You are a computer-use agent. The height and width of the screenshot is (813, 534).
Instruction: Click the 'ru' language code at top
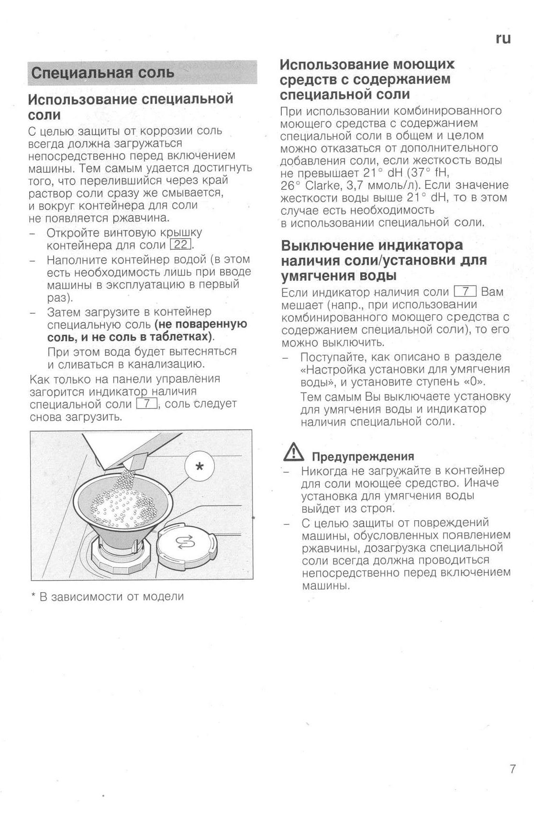pyautogui.click(x=503, y=39)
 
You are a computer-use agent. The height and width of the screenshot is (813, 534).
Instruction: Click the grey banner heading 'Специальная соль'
pyautogui.click(x=102, y=73)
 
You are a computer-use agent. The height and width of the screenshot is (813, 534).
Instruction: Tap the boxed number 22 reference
pyautogui.click(x=181, y=245)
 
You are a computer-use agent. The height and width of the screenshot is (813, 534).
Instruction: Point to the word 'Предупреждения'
pyautogui.click(x=363, y=456)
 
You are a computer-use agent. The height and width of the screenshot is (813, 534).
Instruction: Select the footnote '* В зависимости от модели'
pyautogui.click(x=107, y=596)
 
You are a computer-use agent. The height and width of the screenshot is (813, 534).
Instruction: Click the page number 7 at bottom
pyautogui.click(x=512, y=769)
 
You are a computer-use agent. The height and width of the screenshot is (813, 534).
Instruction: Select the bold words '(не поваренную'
pyautogui.click(x=200, y=324)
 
